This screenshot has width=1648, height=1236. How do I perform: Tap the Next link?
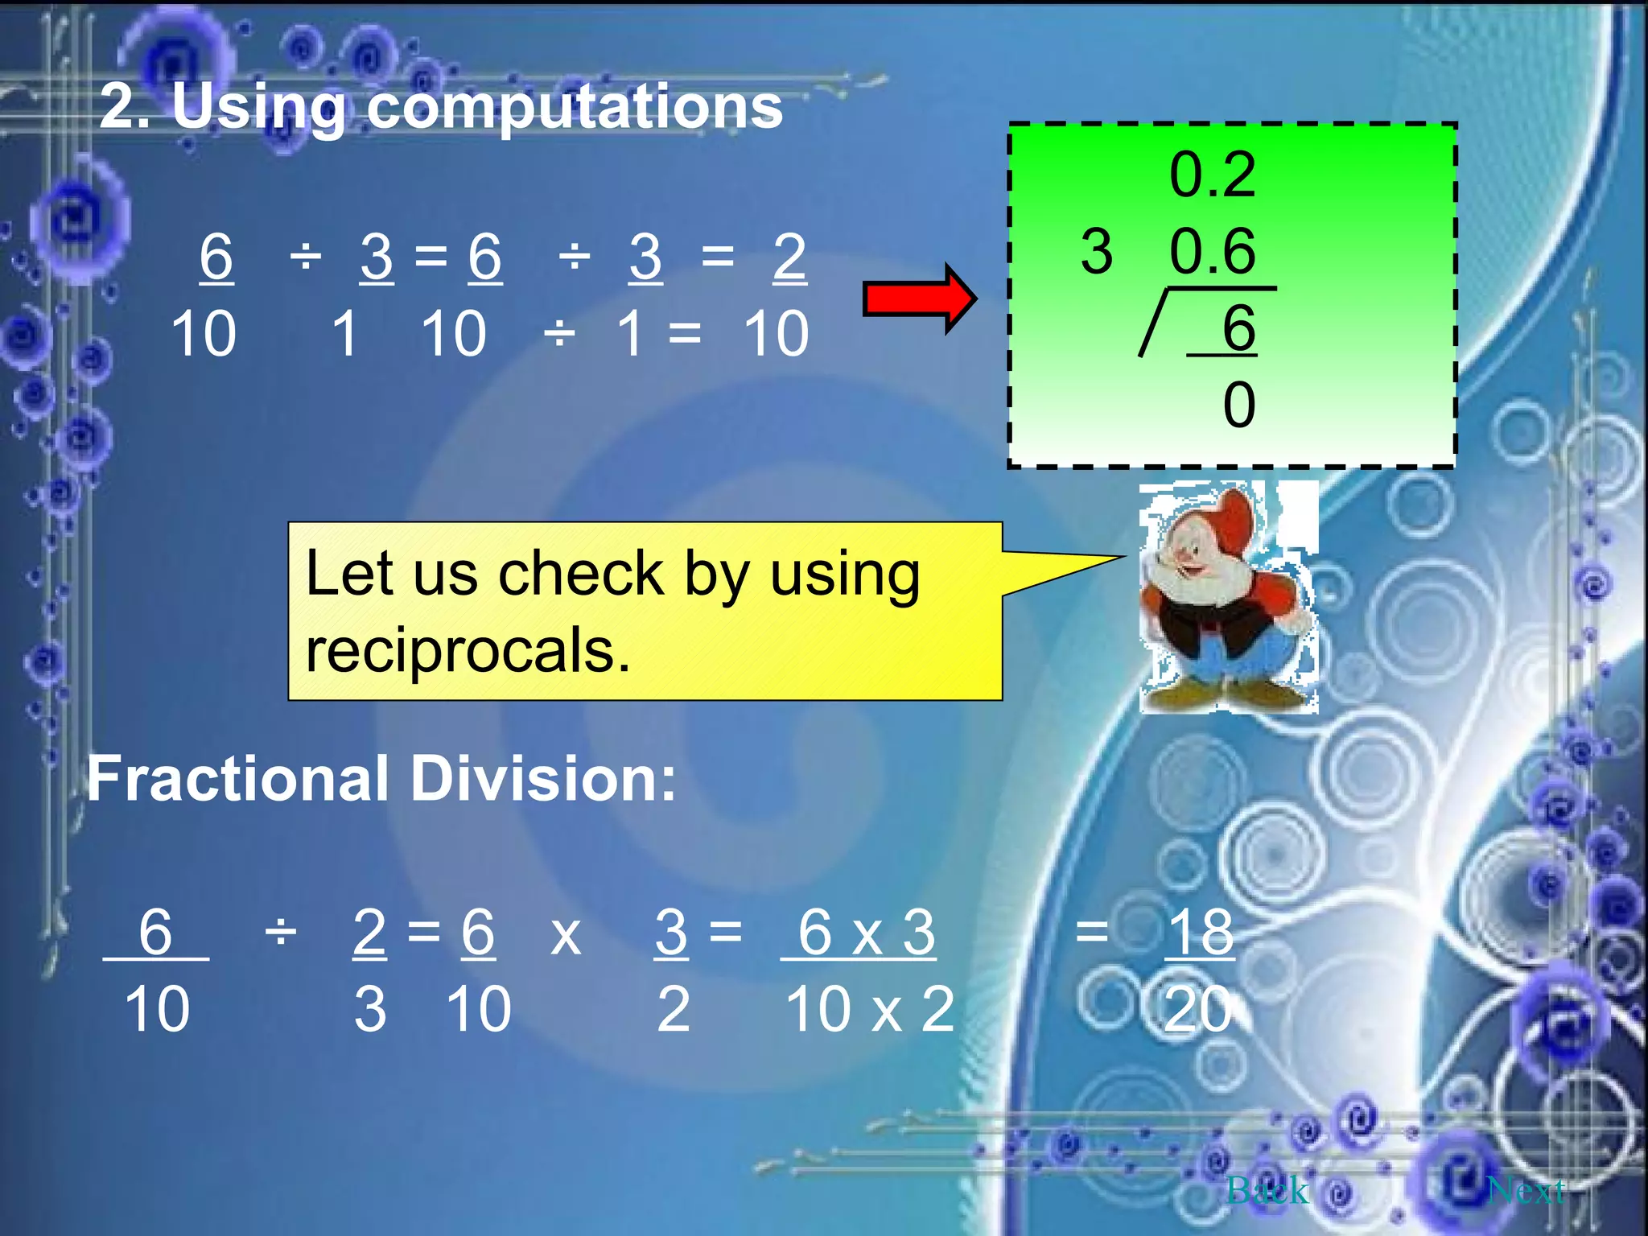(1526, 1189)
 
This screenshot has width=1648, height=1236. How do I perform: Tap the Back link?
(1267, 1189)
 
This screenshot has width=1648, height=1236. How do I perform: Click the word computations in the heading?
(575, 108)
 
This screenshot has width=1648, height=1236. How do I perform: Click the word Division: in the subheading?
(543, 779)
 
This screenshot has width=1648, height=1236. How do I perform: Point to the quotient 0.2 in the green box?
(1212, 175)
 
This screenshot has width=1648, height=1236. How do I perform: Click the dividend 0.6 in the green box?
(1212, 251)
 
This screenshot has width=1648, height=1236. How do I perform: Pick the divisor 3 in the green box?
(1097, 251)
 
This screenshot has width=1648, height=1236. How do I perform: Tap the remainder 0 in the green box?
(1239, 405)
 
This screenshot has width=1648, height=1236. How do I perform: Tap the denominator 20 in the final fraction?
(1197, 1009)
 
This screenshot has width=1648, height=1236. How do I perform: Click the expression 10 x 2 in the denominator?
(870, 1009)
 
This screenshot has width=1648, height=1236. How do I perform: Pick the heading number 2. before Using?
(124, 108)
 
